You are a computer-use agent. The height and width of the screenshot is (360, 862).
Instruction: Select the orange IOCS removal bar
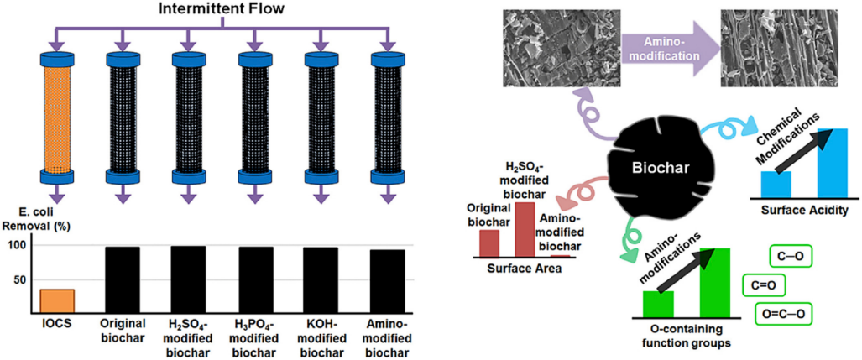point(58,300)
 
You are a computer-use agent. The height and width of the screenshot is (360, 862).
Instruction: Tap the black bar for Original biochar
point(123,279)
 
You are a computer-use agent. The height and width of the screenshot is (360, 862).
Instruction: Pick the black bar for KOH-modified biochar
point(321,279)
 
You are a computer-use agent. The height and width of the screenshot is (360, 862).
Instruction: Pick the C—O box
point(791,254)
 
